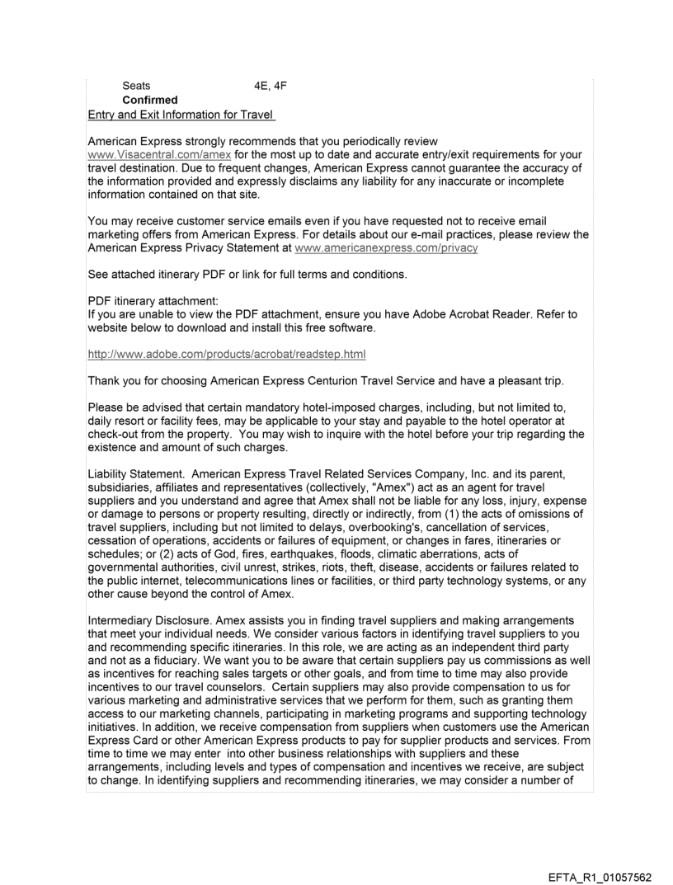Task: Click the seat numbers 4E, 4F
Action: pos(271,86)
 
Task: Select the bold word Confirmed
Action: pos(149,100)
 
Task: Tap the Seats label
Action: pos(136,86)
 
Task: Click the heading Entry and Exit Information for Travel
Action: pos(180,114)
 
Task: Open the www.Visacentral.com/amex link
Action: pos(161,154)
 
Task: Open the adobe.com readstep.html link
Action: pos(227,355)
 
